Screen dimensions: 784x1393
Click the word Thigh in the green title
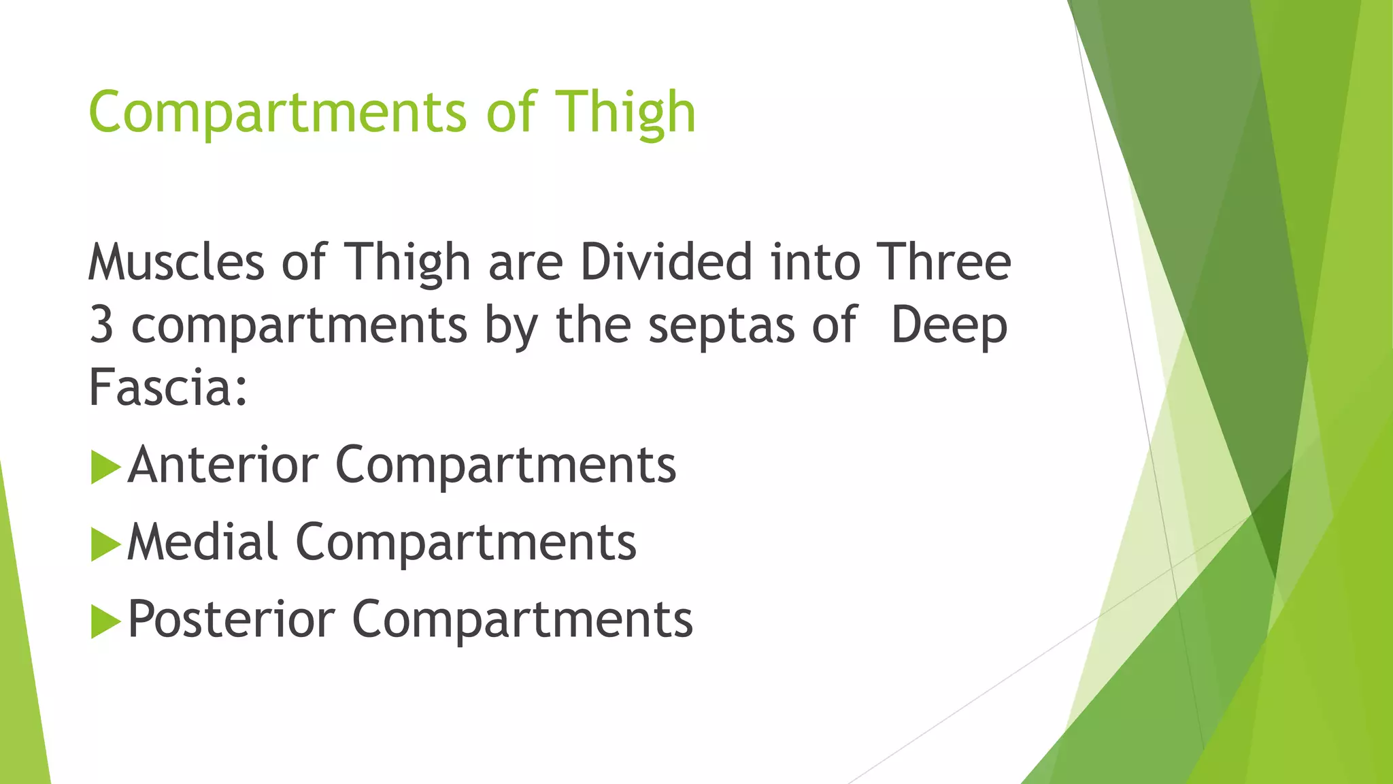pos(626,112)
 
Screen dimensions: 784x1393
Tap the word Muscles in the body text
pos(176,262)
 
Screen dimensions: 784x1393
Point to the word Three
pos(943,262)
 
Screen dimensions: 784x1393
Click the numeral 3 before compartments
pos(101,325)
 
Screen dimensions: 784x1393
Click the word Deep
pos(949,325)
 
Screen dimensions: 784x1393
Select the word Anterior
pos(223,465)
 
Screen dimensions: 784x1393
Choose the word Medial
pos(202,542)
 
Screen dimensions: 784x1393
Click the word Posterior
pos(231,619)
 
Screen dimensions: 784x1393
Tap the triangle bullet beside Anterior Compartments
pos(105,467)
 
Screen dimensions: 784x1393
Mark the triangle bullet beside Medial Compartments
pos(105,544)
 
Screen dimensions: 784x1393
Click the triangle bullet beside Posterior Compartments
pos(105,621)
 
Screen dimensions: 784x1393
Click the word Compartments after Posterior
pos(522,619)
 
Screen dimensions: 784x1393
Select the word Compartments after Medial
pos(466,542)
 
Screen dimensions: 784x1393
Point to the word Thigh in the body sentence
pos(407,262)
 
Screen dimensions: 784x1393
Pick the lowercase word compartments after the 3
pos(299,325)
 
